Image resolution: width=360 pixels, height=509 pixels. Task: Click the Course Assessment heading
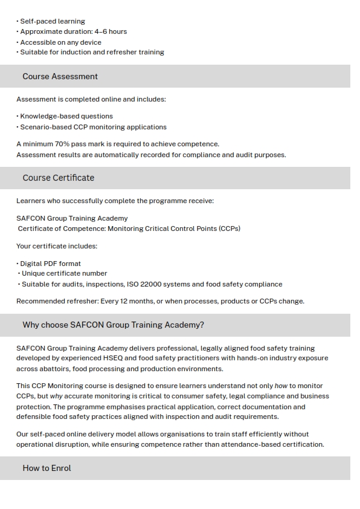coord(60,76)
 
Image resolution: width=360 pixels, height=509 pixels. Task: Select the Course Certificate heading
coord(58,178)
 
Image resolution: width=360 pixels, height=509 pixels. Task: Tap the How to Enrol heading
coord(47,468)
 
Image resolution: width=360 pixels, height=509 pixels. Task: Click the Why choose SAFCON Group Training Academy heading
coord(113,325)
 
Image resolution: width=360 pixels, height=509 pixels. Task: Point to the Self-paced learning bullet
coord(53,21)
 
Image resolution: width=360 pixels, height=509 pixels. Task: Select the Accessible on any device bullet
coord(60,42)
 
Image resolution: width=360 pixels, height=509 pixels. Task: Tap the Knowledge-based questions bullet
coord(66,116)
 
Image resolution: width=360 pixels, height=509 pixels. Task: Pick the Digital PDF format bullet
coord(50,264)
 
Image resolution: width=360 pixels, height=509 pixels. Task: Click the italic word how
coord(281,386)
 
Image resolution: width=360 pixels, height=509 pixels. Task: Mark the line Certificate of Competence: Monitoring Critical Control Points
coord(129,229)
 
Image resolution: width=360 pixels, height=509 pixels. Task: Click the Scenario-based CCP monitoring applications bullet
coord(93,127)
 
